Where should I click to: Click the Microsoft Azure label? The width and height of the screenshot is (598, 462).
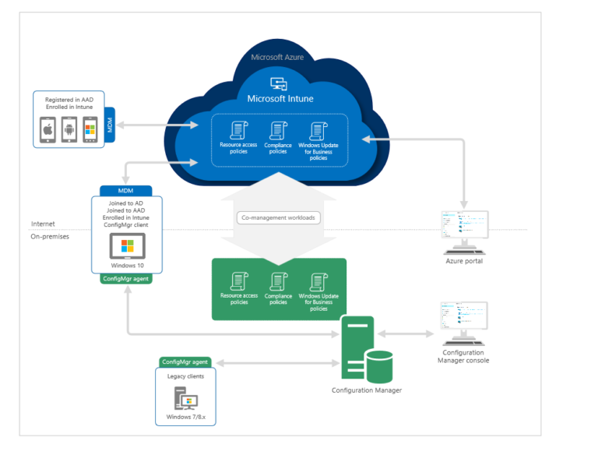pos(278,57)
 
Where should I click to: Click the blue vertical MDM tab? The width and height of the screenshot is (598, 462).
pos(109,127)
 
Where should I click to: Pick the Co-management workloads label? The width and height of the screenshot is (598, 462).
pos(278,217)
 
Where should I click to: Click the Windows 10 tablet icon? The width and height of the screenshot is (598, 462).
pos(126,248)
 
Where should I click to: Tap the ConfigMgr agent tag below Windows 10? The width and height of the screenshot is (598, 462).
pos(126,279)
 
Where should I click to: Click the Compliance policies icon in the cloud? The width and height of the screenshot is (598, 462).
pos(278,131)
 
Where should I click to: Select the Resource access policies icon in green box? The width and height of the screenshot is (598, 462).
pos(238,282)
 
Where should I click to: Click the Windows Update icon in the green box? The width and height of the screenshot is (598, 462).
pos(318,282)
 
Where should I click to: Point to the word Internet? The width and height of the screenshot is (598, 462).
pos(43,224)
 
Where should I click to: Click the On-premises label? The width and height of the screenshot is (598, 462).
pos(50,236)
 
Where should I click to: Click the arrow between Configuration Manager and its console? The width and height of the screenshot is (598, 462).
pos(406,333)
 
